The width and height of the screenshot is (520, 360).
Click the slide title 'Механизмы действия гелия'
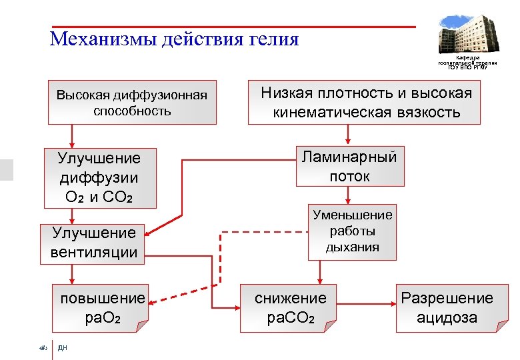175,39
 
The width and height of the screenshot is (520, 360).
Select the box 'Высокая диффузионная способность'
132,103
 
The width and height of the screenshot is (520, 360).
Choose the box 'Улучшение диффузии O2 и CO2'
99,178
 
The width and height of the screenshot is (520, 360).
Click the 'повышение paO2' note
101,307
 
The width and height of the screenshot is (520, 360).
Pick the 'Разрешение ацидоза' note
446,307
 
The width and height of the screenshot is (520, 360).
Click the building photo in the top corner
466,32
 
